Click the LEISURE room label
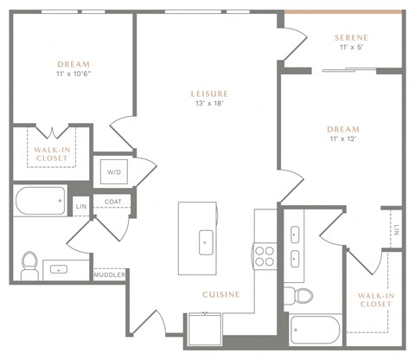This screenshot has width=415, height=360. [x=209, y=93]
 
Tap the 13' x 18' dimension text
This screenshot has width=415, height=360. [x=209, y=104]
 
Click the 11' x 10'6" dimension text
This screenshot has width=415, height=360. [x=73, y=74]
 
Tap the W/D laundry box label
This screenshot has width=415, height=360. [x=114, y=171]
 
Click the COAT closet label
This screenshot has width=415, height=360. [x=113, y=203]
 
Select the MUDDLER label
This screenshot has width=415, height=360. [x=110, y=274]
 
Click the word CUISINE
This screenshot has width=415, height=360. [x=220, y=294]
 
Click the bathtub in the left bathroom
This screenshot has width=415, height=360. [x=40, y=202]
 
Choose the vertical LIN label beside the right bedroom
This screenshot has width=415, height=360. [x=396, y=230]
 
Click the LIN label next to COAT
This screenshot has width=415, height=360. [x=80, y=207]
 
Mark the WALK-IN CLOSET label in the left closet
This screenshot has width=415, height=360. [x=51, y=154]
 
